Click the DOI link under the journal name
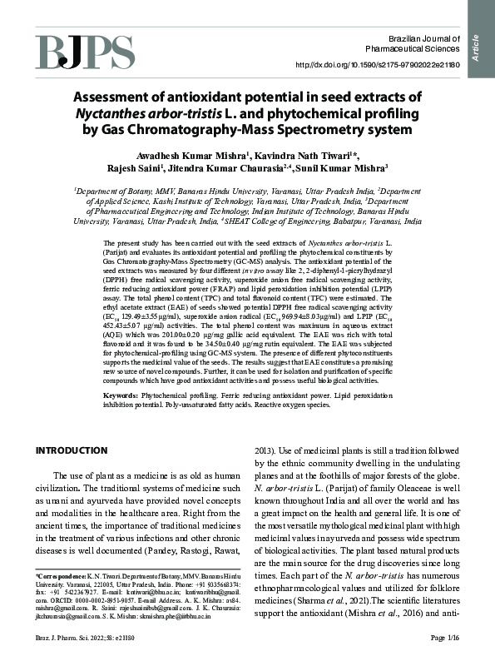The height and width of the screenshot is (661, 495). (x=371, y=64)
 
